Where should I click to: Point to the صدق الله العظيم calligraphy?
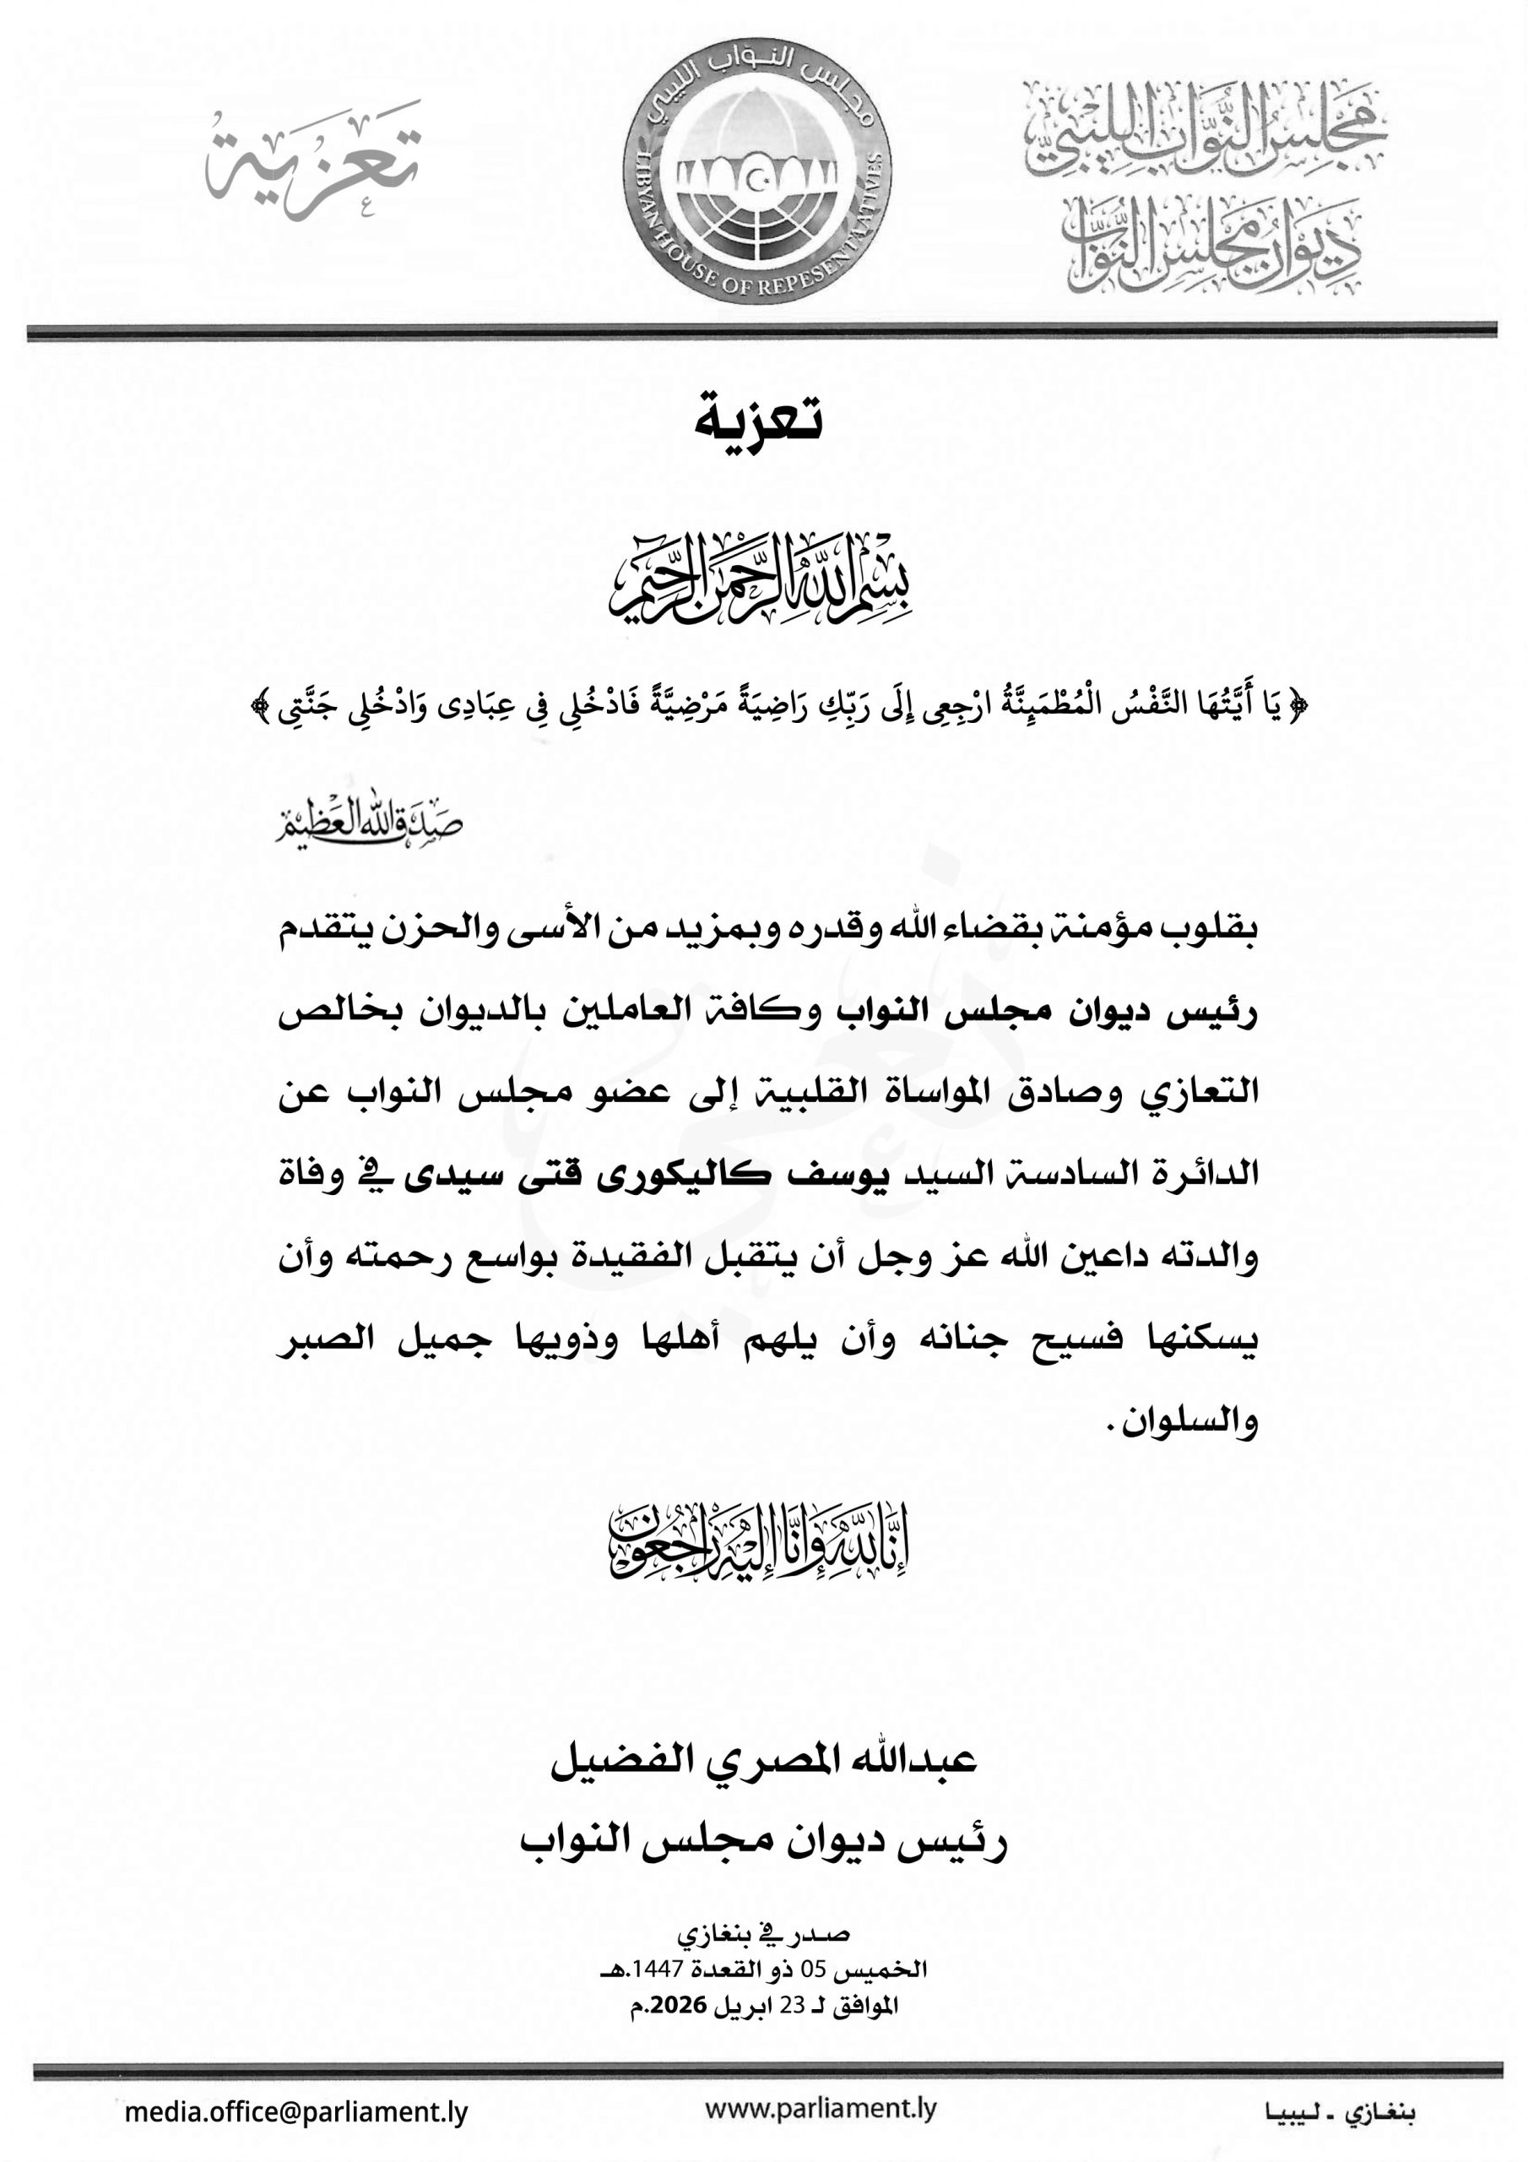(369, 824)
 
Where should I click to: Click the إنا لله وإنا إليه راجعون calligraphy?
(759, 1538)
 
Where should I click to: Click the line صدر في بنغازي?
(763, 1935)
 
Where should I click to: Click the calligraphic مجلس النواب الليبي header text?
(1205, 132)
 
